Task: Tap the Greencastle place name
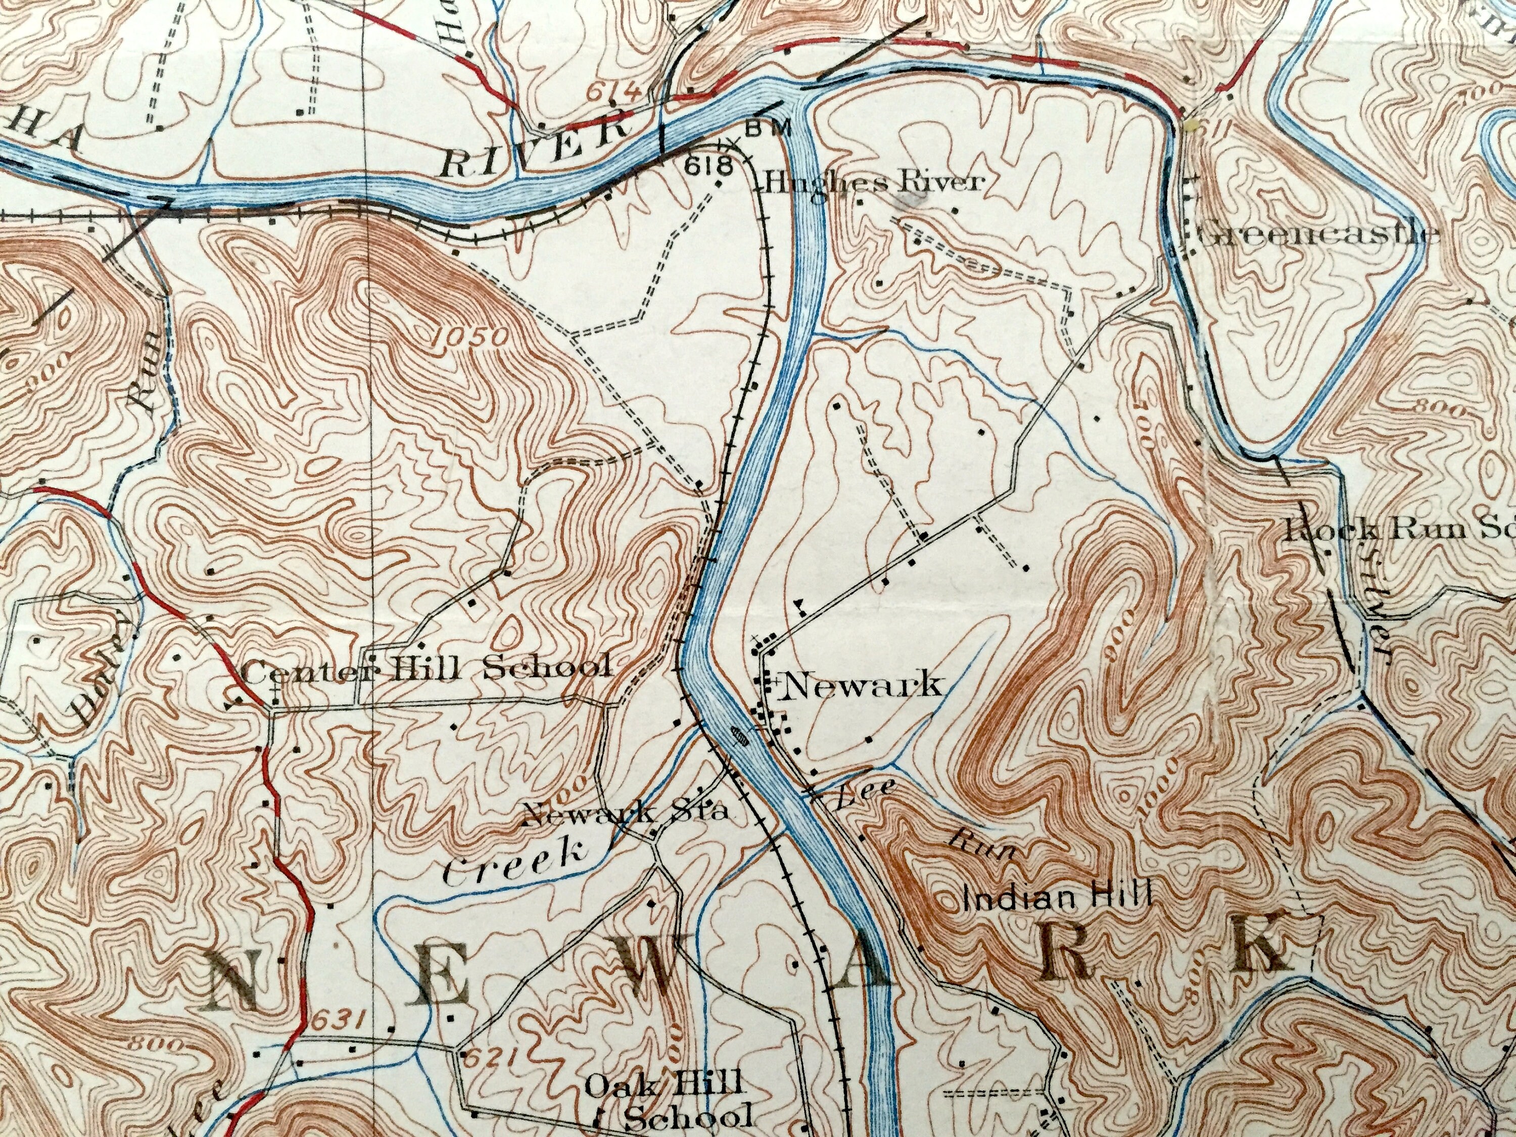click(1316, 235)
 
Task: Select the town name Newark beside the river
click(862, 685)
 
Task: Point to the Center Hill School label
click(425, 668)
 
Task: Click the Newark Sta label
click(624, 814)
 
